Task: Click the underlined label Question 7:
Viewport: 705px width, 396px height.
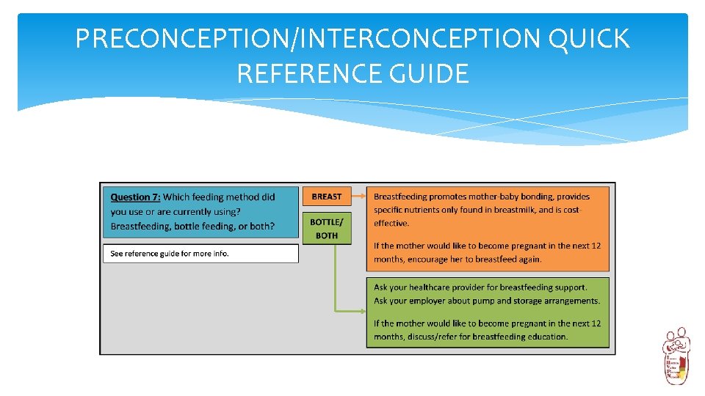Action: click(x=136, y=197)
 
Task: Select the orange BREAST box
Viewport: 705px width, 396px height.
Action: click(x=327, y=197)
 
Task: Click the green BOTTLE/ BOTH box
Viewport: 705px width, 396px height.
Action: click(x=327, y=228)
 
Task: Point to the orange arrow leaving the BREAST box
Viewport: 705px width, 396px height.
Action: click(x=358, y=197)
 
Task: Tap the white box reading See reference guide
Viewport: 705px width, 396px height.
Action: click(x=200, y=253)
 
